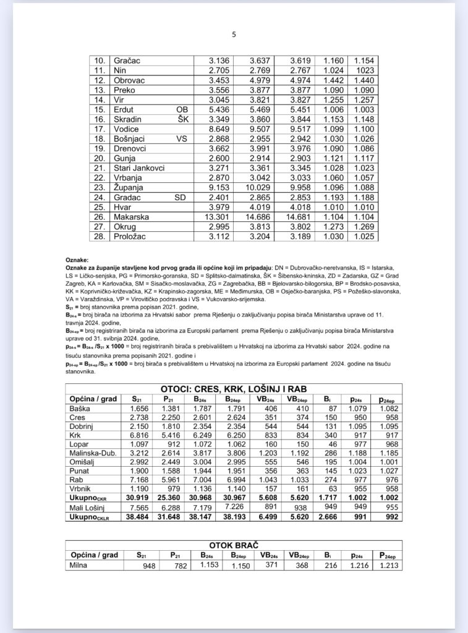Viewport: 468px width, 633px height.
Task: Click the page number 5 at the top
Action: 234,35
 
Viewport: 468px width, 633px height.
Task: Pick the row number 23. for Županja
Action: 100,187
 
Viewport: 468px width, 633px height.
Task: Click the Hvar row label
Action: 122,207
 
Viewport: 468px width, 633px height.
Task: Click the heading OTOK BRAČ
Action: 233,546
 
